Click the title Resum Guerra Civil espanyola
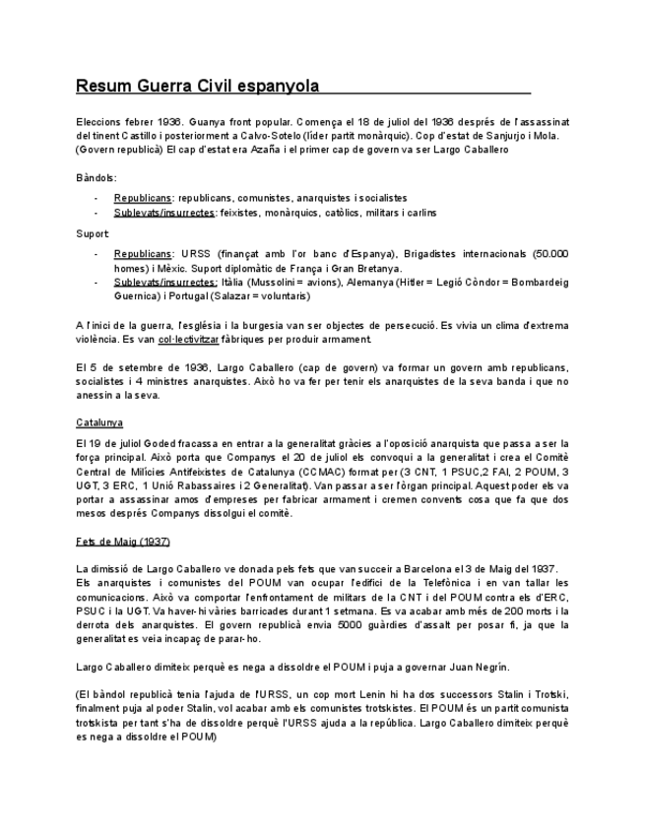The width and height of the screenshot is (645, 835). coord(198,86)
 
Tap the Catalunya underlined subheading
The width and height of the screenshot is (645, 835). coord(99,422)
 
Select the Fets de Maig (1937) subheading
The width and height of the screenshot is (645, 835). coord(122,543)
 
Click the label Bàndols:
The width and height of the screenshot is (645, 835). coord(97,178)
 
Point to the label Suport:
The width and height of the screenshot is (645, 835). coord(94,233)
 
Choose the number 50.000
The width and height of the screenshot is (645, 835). coord(550,254)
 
